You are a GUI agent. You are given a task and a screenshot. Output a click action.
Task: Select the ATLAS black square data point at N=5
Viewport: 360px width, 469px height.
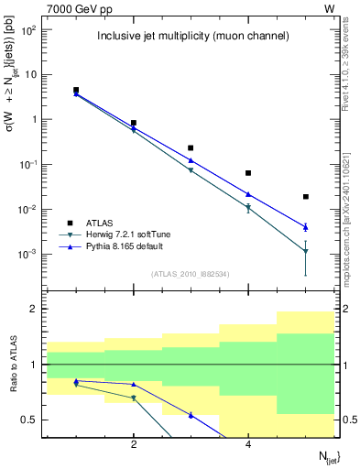point(306,196)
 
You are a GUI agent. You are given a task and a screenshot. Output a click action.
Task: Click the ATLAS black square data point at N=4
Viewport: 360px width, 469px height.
point(248,173)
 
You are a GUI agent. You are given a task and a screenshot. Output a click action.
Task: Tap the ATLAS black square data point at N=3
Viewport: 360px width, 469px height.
point(191,147)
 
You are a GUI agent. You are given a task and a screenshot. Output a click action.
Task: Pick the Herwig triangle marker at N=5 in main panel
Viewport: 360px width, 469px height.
point(306,251)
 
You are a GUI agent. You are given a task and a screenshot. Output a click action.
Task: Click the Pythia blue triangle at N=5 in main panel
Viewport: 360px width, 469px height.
point(306,227)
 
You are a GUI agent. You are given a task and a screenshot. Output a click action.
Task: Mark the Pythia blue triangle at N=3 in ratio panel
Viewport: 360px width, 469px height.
point(191,415)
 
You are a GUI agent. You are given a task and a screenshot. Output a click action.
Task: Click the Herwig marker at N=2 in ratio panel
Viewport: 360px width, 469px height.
point(134,398)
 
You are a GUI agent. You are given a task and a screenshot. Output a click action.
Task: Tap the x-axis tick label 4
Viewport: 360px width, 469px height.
point(248,445)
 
